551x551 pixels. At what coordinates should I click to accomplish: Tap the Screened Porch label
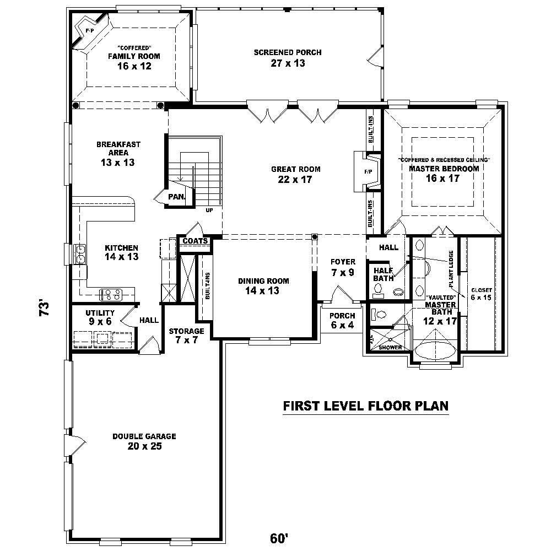coord(288,53)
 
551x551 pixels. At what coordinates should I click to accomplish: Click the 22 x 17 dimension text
coord(295,179)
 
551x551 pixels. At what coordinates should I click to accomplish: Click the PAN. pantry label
coord(177,197)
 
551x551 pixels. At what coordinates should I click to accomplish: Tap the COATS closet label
coord(195,241)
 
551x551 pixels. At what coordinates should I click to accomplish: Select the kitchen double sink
coord(80,254)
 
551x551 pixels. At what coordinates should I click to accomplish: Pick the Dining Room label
coord(263,281)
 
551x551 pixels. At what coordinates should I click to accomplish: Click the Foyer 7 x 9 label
coord(343,267)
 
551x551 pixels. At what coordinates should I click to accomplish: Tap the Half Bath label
coord(383,274)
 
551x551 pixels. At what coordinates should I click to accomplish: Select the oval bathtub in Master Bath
coord(436,350)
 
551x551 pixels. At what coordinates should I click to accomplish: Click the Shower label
coord(390,348)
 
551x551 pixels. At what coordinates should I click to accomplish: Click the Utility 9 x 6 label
coord(100,317)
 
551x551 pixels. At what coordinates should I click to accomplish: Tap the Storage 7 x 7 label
coord(187,336)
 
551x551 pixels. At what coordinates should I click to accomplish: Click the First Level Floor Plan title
coord(365,406)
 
